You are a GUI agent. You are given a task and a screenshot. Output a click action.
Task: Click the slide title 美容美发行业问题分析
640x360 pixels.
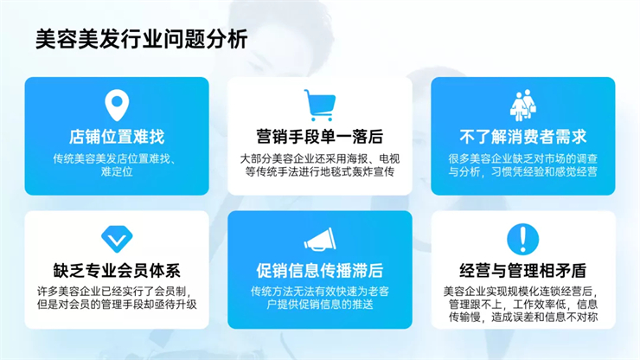click(x=142, y=39)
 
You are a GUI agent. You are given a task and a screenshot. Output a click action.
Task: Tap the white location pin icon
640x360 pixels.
click(x=117, y=105)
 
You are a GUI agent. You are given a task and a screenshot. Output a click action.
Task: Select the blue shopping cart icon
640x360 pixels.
click(x=320, y=106)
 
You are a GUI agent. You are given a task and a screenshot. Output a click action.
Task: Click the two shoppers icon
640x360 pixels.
click(x=523, y=105)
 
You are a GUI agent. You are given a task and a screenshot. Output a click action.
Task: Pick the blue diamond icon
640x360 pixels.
click(x=117, y=239)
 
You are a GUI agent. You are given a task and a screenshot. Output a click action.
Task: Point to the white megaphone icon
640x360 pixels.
click(x=320, y=240)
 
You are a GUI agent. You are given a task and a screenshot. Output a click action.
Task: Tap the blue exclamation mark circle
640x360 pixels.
click(x=523, y=239)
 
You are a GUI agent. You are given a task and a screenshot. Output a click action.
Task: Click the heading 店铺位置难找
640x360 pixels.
click(x=117, y=137)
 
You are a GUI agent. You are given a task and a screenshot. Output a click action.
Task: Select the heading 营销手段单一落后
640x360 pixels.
click(x=320, y=137)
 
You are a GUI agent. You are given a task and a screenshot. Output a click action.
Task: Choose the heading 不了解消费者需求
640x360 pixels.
click(x=523, y=137)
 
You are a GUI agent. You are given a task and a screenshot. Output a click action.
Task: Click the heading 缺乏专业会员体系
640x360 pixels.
click(x=117, y=271)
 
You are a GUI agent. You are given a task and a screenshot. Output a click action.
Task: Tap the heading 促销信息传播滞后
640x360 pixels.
click(x=320, y=271)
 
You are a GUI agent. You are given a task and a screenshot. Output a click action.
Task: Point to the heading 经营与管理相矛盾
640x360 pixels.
click(x=523, y=271)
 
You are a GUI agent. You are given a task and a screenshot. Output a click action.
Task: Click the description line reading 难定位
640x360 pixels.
click(x=117, y=171)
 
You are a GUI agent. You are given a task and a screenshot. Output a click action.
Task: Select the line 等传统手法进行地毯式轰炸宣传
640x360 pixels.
click(x=320, y=171)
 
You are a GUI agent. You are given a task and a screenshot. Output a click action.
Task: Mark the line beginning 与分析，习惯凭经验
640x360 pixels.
click(x=523, y=171)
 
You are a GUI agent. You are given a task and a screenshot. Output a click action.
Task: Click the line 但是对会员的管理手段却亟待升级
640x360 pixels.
click(x=117, y=305)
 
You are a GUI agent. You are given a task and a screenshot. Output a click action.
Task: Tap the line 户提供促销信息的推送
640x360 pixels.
click(x=320, y=305)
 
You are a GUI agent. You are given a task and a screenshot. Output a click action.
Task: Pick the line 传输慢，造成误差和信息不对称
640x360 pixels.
click(x=523, y=317)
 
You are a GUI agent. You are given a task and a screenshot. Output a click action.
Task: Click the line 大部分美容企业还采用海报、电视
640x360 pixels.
click(x=320, y=158)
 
